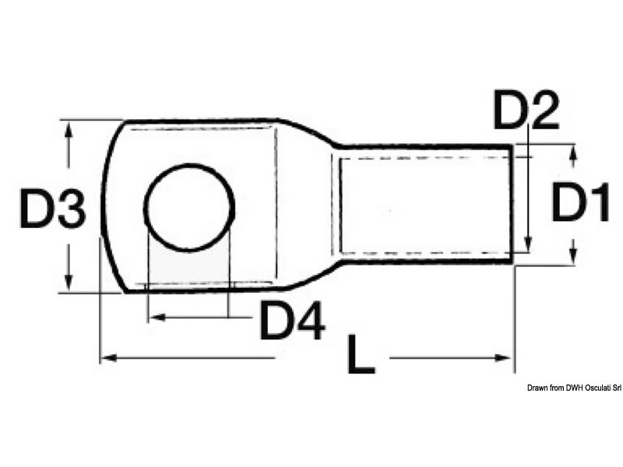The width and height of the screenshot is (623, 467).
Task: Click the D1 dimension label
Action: [580, 202]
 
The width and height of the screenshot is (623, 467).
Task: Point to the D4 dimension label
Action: [294, 320]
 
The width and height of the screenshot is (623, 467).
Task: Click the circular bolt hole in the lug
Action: [188, 207]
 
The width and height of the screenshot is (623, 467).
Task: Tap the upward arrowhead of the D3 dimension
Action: [69, 130]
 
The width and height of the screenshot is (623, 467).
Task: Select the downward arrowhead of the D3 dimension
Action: [69, 283]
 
